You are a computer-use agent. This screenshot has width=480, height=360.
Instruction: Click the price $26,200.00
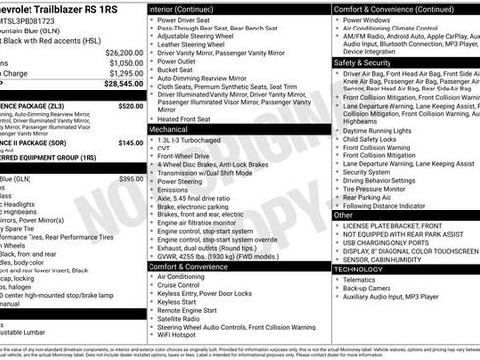124,52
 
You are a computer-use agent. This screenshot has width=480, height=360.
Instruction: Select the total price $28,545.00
124,85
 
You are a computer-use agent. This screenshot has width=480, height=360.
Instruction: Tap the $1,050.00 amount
126,62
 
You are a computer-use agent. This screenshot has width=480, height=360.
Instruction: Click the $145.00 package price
130,142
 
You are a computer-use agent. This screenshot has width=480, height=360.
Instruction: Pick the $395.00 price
130,179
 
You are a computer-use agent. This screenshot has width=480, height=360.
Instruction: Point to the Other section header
343,214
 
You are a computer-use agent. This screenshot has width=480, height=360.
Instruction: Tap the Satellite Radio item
185,317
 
